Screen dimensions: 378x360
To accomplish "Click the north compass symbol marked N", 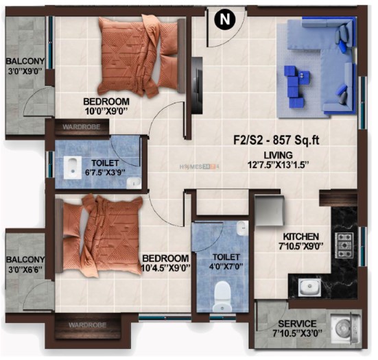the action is (x=225, y=19).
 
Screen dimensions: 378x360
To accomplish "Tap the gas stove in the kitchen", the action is (x=344, y=245).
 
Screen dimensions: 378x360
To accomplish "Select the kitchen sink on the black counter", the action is (x=309, y=287).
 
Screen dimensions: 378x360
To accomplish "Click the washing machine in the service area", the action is (x=345, y=328).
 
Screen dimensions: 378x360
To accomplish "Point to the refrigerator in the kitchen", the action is (x=269, y=211).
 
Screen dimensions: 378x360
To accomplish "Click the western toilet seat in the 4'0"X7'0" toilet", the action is (x=222, y=297).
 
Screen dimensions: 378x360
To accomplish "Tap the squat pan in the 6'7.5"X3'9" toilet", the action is (x=72, y=168).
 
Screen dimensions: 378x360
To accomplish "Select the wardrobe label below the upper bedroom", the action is (x=81, y=127).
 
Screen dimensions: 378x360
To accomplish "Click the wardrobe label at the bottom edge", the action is (x=87, y=325).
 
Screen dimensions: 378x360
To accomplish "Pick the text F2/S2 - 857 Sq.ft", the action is (x=276, y=140).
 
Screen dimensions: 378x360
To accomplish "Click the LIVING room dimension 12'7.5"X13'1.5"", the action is (x=279, y=165).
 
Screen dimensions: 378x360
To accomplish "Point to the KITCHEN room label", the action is (x=301, y=237).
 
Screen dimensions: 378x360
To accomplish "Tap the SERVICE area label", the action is (x=297, y=324).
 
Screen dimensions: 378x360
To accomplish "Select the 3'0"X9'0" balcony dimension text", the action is (x=25, y=72).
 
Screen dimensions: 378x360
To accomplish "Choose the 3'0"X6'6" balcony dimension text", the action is (x=25, y=269).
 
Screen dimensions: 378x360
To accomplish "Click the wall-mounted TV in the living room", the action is (x=198, y=85).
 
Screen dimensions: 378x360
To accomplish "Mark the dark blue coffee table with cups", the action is (x=297, y=86).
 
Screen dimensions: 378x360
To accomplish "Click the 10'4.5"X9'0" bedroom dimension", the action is (x=165, y=268).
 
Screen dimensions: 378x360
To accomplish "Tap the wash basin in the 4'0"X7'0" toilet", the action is (x=242, y=228).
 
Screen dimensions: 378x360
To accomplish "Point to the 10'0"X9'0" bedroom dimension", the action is (x=106, y=111).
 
